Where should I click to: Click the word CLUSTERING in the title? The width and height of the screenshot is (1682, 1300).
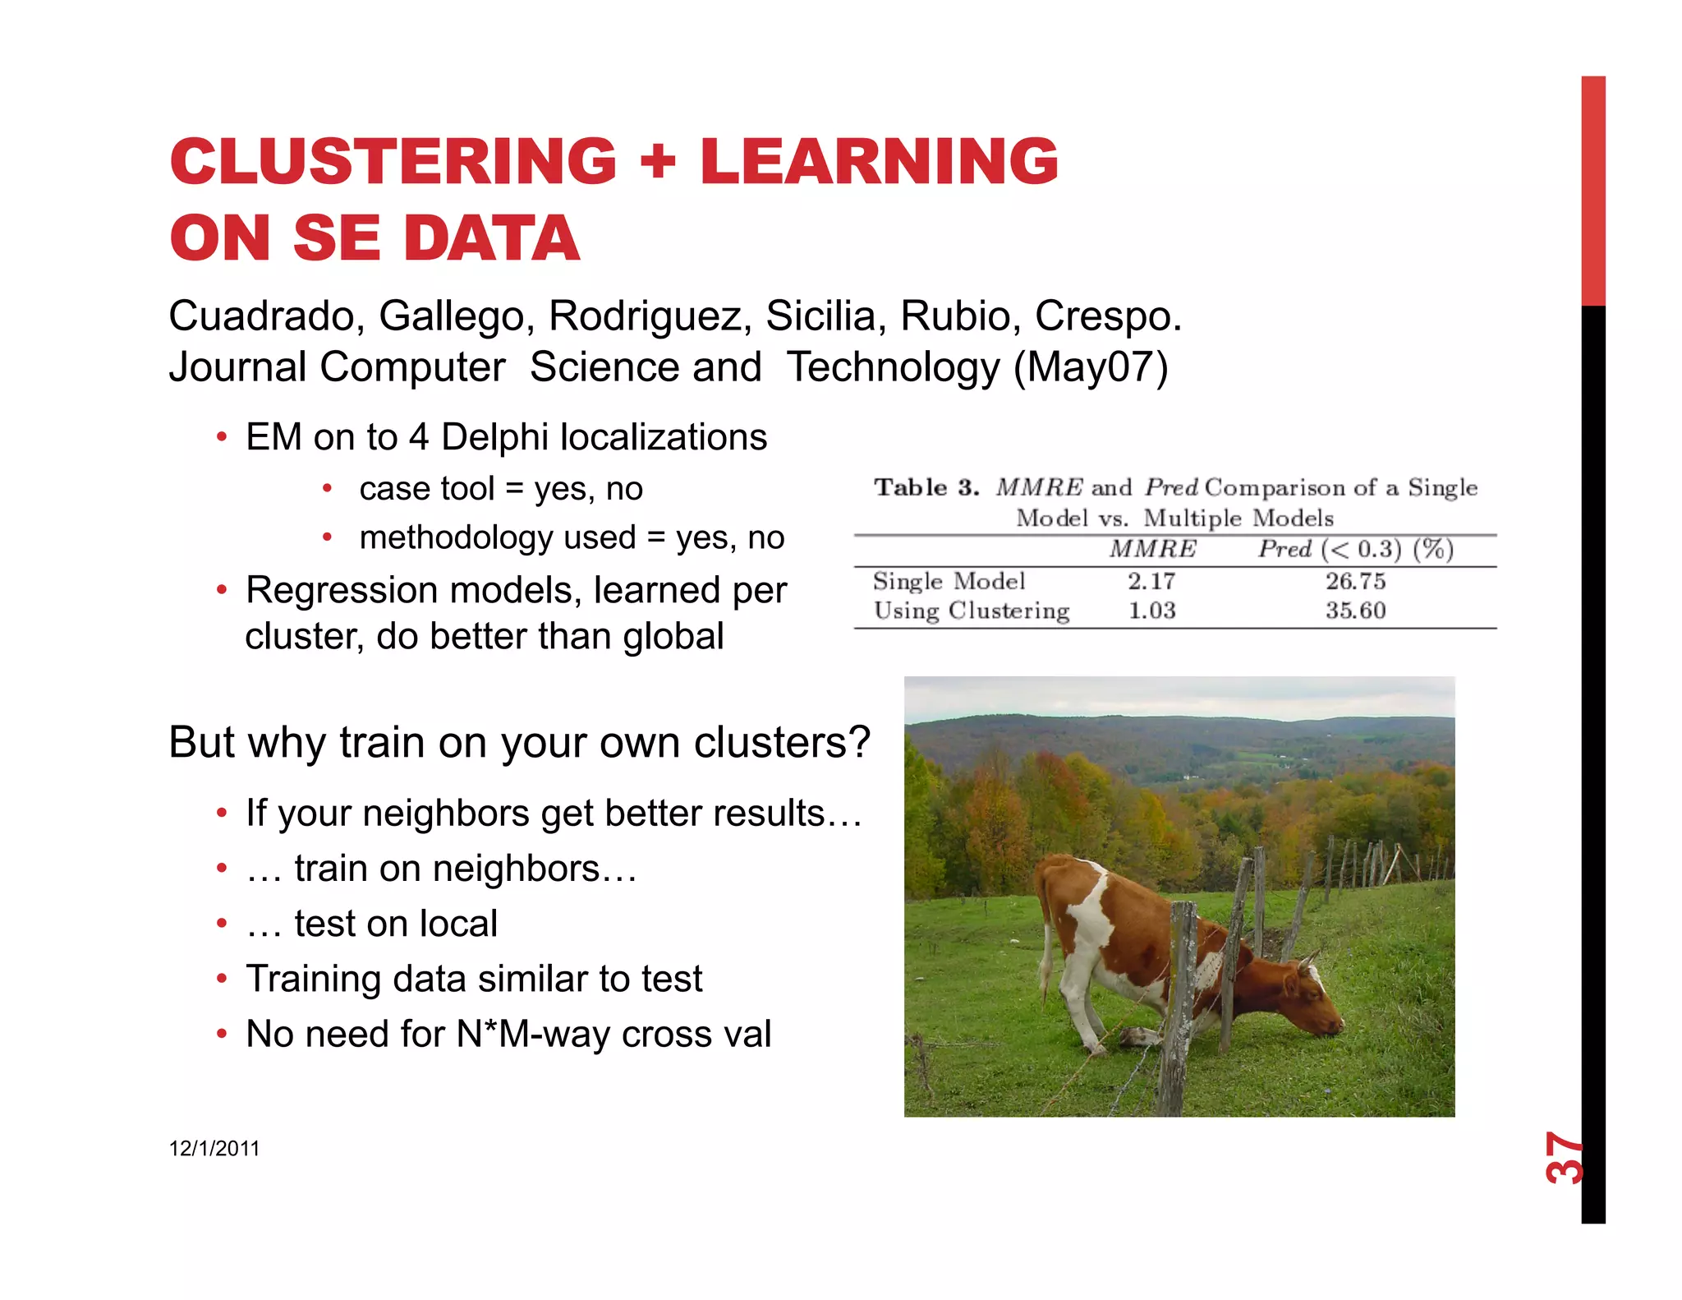393,161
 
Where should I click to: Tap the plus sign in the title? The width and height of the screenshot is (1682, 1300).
658,161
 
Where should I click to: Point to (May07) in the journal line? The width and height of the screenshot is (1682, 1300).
1091,367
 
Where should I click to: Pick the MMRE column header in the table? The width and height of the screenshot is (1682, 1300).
1152,549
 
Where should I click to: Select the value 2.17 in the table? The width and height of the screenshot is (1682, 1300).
1151,582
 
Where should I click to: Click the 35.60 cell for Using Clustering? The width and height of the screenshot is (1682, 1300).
1355,611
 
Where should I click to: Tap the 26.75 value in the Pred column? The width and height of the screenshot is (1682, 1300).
1355,582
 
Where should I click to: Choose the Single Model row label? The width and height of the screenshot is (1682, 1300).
949,582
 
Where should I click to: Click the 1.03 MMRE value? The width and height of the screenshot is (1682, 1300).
1151,611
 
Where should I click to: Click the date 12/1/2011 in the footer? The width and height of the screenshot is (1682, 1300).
214,1149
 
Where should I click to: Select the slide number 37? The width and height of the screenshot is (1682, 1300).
1563,1158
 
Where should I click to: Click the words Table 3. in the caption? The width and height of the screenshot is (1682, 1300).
926,488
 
